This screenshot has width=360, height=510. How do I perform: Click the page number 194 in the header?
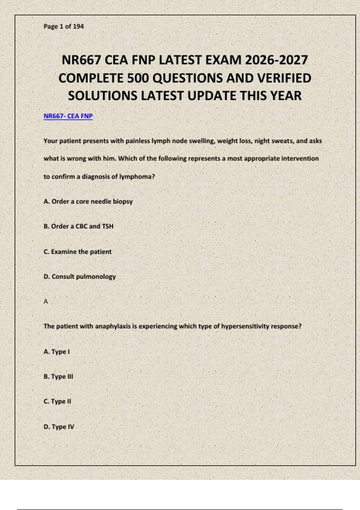tap(78, 26)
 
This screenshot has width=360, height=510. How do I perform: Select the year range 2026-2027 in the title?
tap(276, 60)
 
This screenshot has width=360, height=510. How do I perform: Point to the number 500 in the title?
tap(138, 78)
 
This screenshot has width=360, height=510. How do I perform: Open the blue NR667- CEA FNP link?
tap(68, 116)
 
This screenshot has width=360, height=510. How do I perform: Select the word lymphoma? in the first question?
tap(137, 177)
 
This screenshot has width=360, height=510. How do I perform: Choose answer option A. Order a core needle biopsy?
tap(88, 202)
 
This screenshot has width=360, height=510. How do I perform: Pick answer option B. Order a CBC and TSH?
tap(79, 226)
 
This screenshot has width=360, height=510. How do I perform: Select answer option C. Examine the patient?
tap(77, 252)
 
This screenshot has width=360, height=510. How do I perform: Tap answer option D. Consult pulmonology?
tap(79, 277)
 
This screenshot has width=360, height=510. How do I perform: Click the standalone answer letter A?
tap(46, 301)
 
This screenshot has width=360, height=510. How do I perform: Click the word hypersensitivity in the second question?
tap(245, 326)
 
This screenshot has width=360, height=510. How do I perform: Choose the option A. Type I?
tap(57, 352)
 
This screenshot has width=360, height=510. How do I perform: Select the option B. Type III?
tap(58, 376)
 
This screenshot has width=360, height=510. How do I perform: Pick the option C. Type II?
tap(57, 401)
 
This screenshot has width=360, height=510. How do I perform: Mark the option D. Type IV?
tap(59, 427)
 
